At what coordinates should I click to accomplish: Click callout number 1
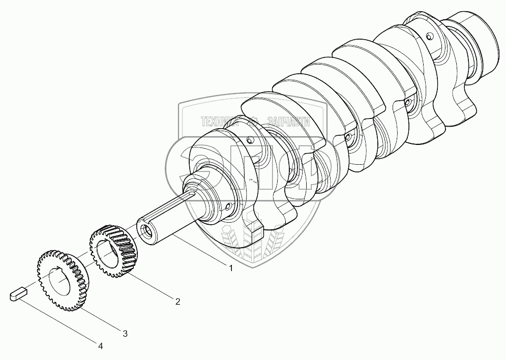231,268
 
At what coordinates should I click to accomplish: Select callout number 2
177,302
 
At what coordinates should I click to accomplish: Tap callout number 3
125,334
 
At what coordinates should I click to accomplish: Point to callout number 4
101,346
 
